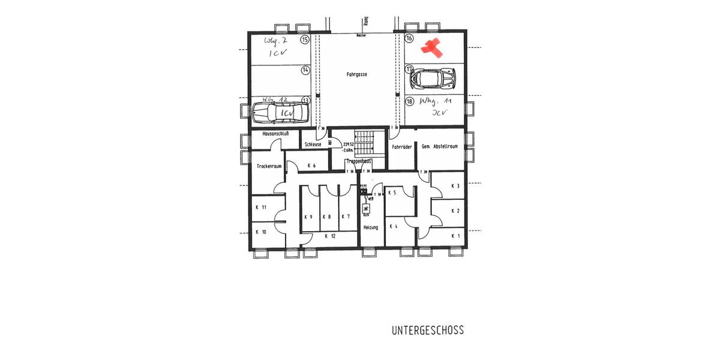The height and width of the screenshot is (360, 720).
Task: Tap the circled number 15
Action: [305, 40]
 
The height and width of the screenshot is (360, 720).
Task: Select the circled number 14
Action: [305, 70]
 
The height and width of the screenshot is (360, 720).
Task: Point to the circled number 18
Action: [410, 101]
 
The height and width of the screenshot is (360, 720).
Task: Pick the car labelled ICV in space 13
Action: [281, 112]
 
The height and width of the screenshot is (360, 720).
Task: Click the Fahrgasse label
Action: [356, 75]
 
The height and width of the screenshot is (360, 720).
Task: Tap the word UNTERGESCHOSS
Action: [428, 331]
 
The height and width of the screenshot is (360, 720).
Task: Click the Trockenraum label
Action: [269, 166]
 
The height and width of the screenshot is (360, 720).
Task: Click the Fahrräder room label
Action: [401, 146]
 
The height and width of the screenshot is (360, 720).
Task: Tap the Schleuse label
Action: [313, 145]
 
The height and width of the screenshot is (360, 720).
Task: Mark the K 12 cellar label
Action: [330, 236]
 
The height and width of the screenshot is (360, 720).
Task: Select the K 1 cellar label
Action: [455, 236]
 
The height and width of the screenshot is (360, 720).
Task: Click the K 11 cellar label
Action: [260, 207]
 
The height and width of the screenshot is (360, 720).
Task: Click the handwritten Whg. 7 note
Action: [277, 40]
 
